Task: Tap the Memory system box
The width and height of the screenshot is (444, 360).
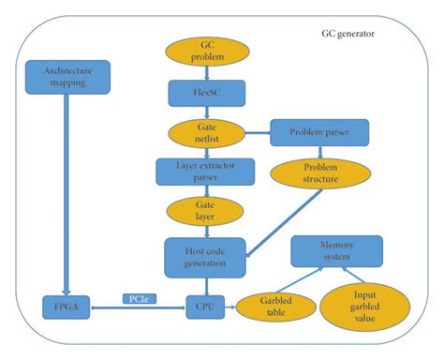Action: (335, 250)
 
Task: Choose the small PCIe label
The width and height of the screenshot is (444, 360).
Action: (140, 297)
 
